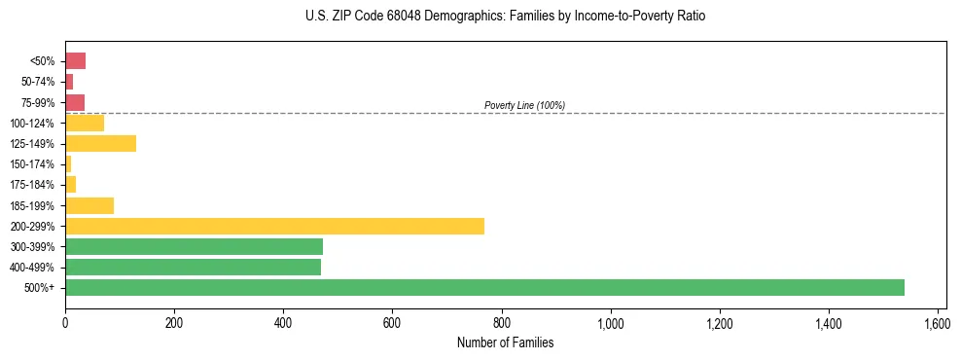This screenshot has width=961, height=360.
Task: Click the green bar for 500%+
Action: point(484,287)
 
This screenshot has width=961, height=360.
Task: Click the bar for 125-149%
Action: point(100,143)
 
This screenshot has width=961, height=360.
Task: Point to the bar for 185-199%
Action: point(89,205)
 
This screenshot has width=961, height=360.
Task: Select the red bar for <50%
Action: point(75,61)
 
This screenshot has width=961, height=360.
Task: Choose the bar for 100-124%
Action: point(85,123)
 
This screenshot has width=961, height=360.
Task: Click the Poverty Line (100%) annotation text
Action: point(524,105)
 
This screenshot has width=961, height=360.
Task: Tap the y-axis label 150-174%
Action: point(32,164)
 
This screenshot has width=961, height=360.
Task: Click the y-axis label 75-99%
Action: point(38,102)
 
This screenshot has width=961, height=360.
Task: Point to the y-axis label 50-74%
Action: point(38,82)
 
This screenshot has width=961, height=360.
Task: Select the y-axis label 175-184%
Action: point(32,185)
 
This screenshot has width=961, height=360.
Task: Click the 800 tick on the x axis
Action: point(502,322)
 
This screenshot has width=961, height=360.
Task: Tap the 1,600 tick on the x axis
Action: point(938,322)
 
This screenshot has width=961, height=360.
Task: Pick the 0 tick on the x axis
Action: point(65,322)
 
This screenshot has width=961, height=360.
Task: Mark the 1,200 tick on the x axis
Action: point(720,322)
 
